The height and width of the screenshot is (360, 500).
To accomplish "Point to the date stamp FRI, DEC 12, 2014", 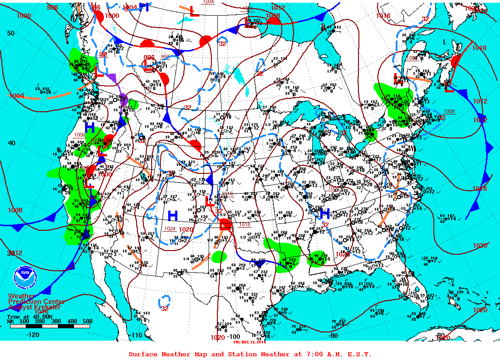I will (250, 342).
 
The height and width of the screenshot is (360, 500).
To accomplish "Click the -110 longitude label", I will (136, 336).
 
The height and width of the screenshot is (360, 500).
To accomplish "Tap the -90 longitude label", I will (334, 336).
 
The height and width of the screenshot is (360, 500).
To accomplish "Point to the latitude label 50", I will (11, 33).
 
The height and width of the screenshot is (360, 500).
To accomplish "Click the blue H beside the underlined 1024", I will (173, 215).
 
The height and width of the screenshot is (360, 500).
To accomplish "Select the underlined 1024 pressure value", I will (170, 229).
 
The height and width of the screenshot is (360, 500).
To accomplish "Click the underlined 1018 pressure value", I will (245, 224).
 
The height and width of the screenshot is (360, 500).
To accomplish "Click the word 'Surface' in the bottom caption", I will (143, 354).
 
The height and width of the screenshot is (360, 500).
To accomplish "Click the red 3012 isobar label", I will (15, 253).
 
